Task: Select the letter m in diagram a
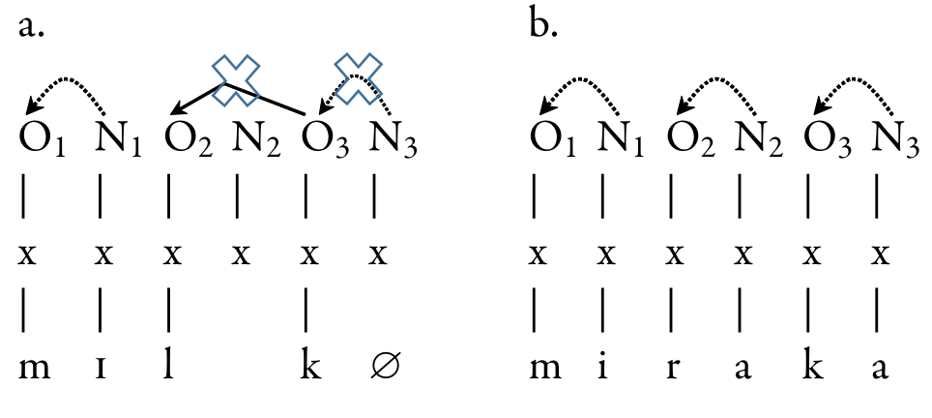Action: (x=32, y=369)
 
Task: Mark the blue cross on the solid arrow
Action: (x=237, y=80)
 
